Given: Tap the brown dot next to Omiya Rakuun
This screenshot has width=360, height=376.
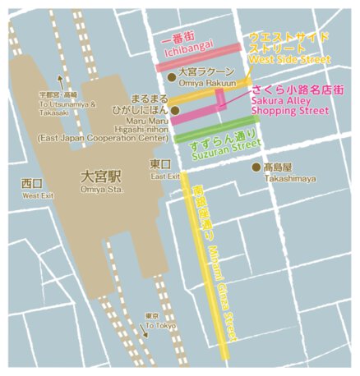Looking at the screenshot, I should click(x=172, y=76).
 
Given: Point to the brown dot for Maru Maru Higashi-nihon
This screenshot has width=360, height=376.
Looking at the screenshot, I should click(x=175, y=109).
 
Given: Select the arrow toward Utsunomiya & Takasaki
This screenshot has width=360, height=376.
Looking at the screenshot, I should click(x=59, y=81).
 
